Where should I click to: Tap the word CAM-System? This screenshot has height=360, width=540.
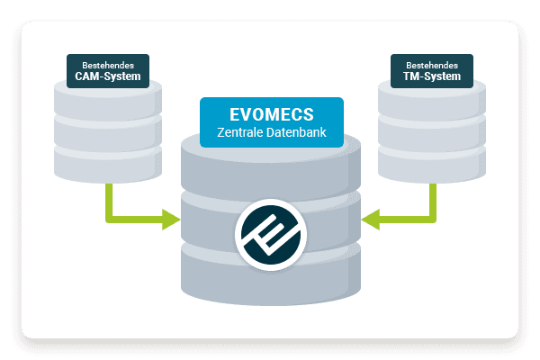(x=108, y=76)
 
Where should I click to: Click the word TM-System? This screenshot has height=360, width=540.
(x=432, y=76)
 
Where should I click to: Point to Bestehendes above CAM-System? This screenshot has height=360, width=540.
(x=108, y=65)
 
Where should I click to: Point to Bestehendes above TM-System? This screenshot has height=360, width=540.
(x=432, y=65)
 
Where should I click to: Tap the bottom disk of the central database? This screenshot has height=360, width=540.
(x=270, y=274)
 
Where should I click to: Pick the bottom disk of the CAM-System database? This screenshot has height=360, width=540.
(x=108, y=162)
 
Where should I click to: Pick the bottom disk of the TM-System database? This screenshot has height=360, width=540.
(x=432, y=162)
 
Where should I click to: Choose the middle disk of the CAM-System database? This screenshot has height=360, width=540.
(x=108, y=130)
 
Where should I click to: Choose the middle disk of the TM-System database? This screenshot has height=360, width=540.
(x=432, y=130)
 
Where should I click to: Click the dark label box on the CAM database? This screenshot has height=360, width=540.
(x=108, y=70)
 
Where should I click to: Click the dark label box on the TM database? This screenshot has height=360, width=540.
(x=432, y=70)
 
